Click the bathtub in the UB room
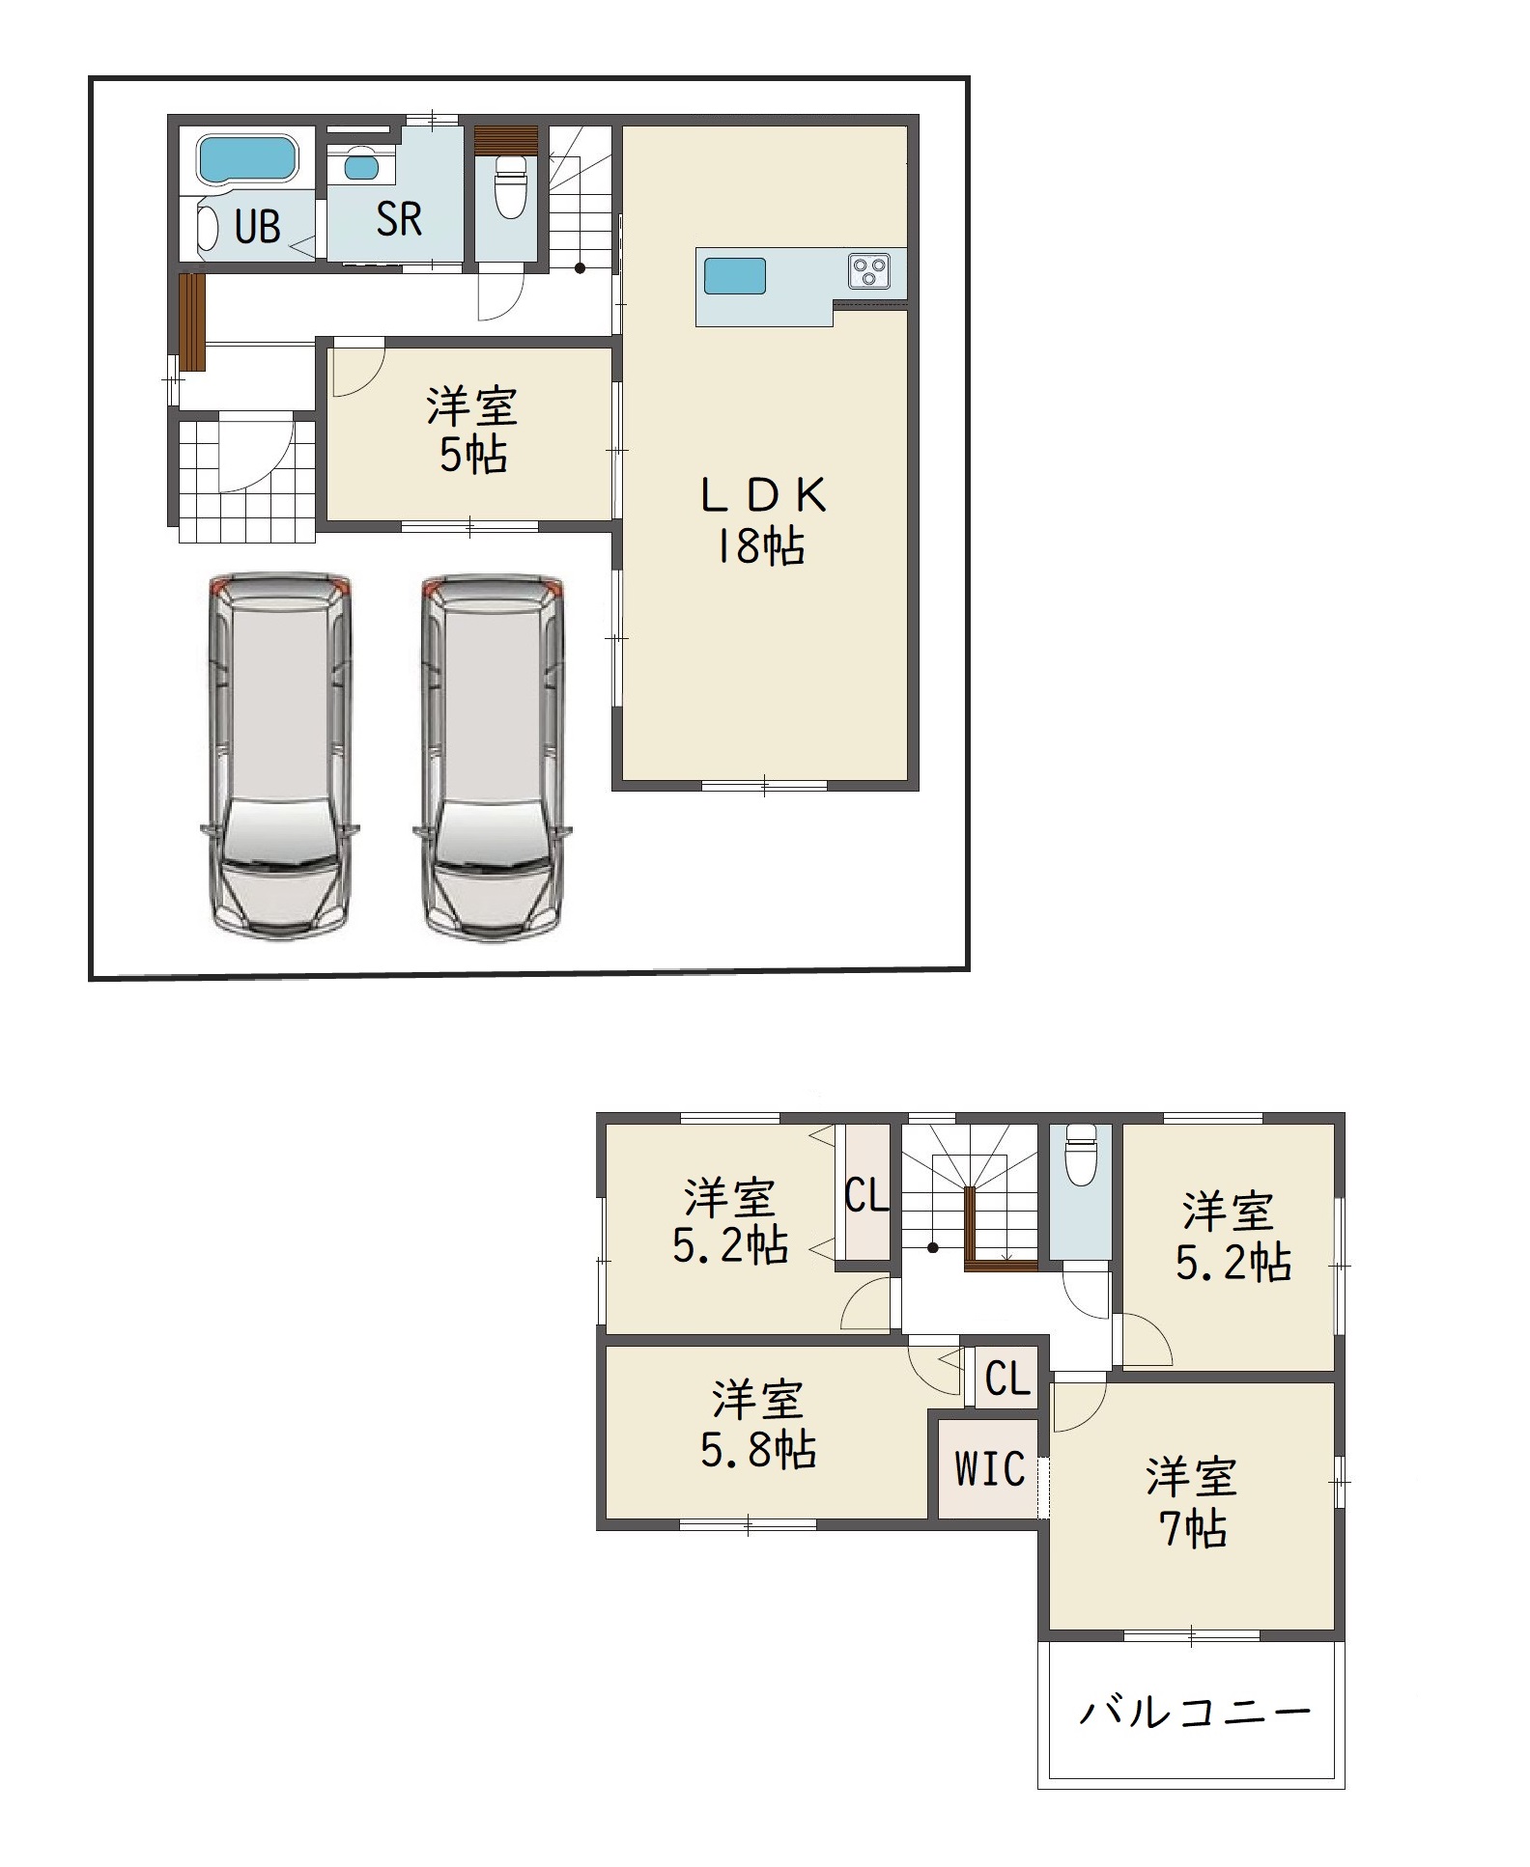tap(247, 159)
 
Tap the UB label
tap(257, 227)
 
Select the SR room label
tap(399, 219)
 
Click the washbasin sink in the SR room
tap(362, 166)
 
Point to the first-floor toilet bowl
tap(509, 189)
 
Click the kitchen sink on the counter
tap(735, 276)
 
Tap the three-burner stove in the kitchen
tap(869, 269)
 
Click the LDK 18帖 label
tap(761, 521)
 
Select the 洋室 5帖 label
tap(472, 431)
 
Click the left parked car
tap(279, 755)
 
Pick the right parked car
tap(492, 755)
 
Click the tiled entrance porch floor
tap(247, 478)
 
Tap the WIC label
tap(990, 1468)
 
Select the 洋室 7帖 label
tap(1192, 1503)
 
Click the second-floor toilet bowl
tap(1080, 1155)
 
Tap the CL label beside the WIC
tap(1008, 1379)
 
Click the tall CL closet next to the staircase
tap(867, 1191)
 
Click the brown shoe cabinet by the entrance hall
tap(193, 322)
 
